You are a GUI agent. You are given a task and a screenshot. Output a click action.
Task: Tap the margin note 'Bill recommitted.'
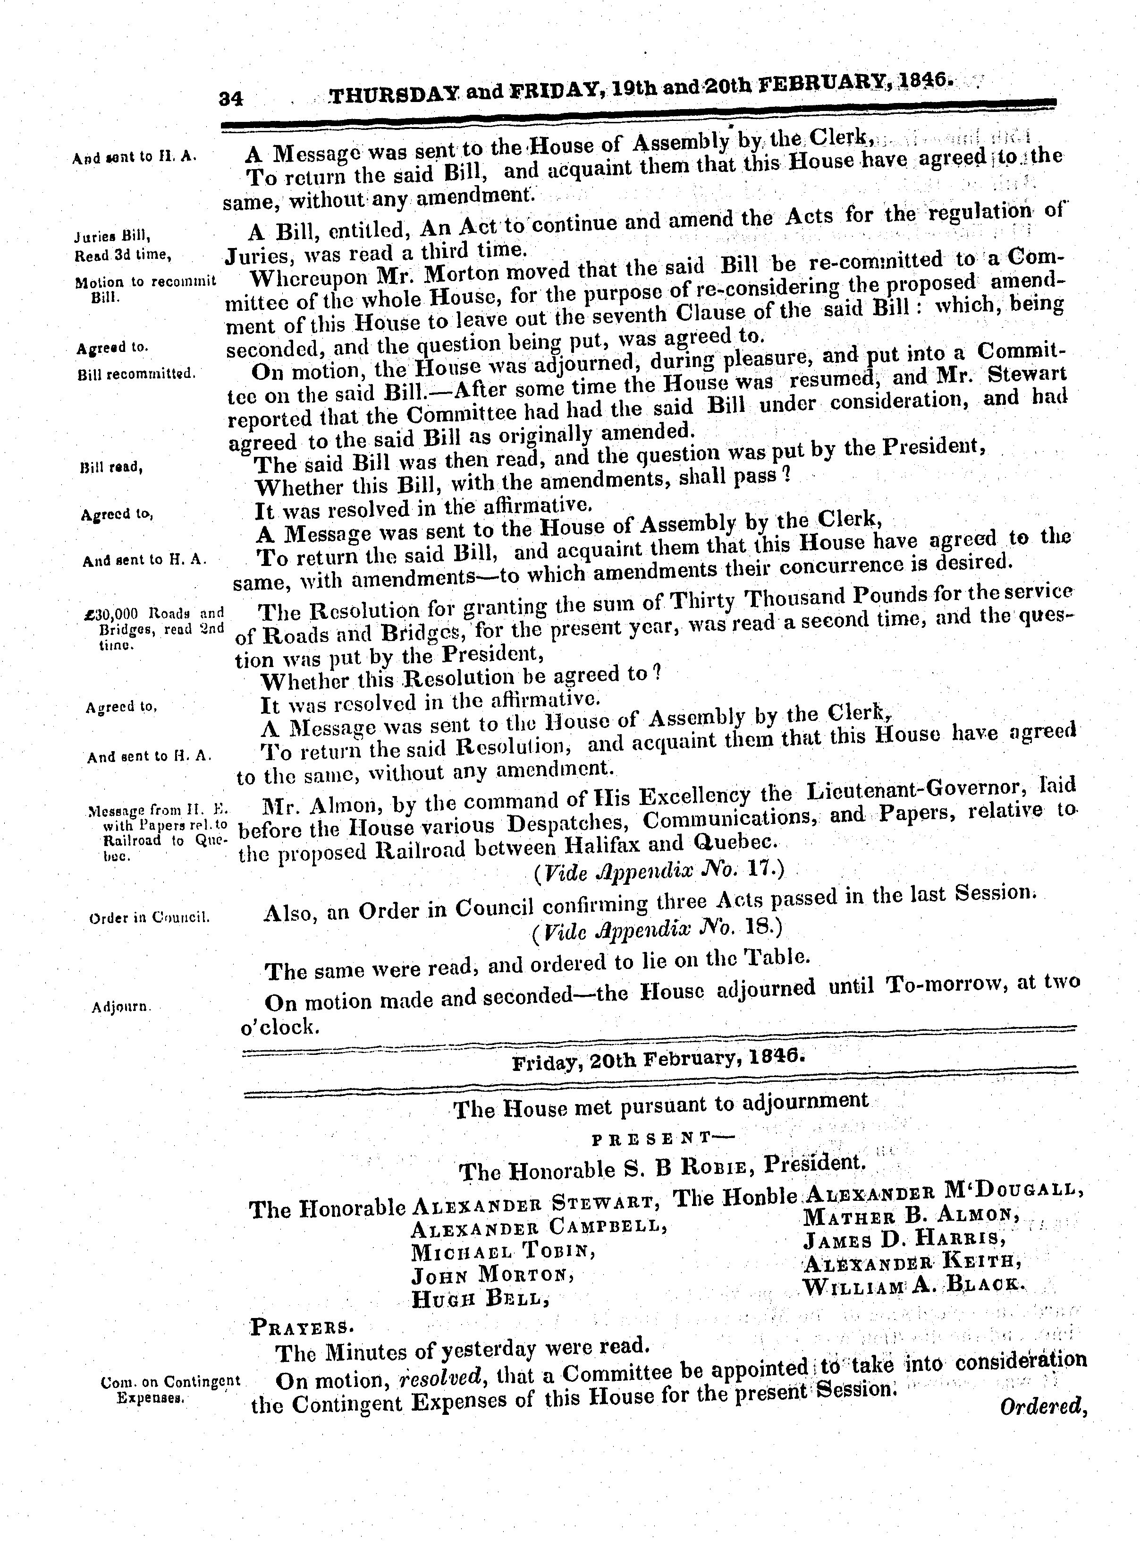pos(138,374)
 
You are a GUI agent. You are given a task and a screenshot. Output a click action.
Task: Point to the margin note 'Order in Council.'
pos(150,919)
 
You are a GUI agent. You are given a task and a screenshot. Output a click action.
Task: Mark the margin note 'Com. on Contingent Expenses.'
pos(170,1389)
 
